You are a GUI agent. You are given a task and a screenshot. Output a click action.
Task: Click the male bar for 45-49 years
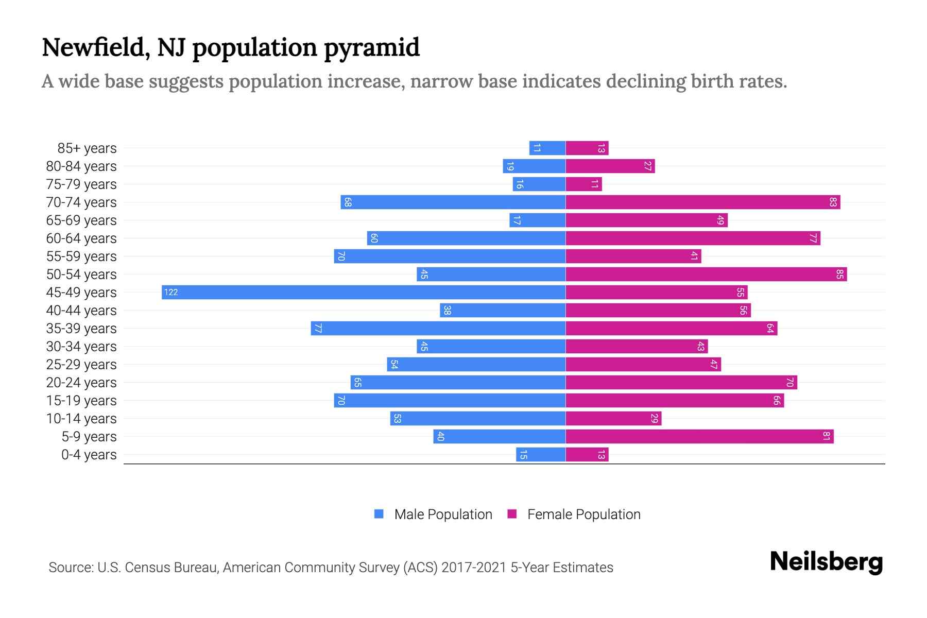[x=364, y=292]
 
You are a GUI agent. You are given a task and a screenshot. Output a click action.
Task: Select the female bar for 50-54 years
[x=706, y=274]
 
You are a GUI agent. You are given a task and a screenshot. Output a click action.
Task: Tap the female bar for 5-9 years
[x=699, y=436]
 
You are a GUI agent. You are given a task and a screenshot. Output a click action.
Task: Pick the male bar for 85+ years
[x=547, y=148]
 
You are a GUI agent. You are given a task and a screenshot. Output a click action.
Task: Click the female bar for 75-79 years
[x=583, y=184]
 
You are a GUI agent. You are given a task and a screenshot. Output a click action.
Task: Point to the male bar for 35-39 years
[x=438, y=328]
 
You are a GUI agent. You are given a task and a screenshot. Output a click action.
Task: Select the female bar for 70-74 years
[x=703, y=202]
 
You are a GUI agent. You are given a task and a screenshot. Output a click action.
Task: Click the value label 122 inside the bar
[x=171, y=293]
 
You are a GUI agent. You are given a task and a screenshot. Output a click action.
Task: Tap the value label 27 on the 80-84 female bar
[x=648, y=166]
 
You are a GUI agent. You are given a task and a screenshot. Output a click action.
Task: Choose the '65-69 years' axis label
[x=81, y=220]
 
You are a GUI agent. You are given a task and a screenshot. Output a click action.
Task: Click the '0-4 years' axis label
[x=89, y=455]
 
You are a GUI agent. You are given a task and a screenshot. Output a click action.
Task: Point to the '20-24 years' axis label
[x=81, y=383]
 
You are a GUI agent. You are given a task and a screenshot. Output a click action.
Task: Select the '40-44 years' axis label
[x=81, y=311]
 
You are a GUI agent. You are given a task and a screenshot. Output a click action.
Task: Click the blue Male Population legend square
[x=379, y=514]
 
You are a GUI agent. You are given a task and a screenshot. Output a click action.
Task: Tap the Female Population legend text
[x=583, y=514]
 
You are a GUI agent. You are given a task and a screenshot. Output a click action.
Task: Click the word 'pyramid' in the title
[x=371, y=48]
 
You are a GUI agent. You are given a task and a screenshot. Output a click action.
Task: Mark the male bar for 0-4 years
[x=541, y=454]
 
